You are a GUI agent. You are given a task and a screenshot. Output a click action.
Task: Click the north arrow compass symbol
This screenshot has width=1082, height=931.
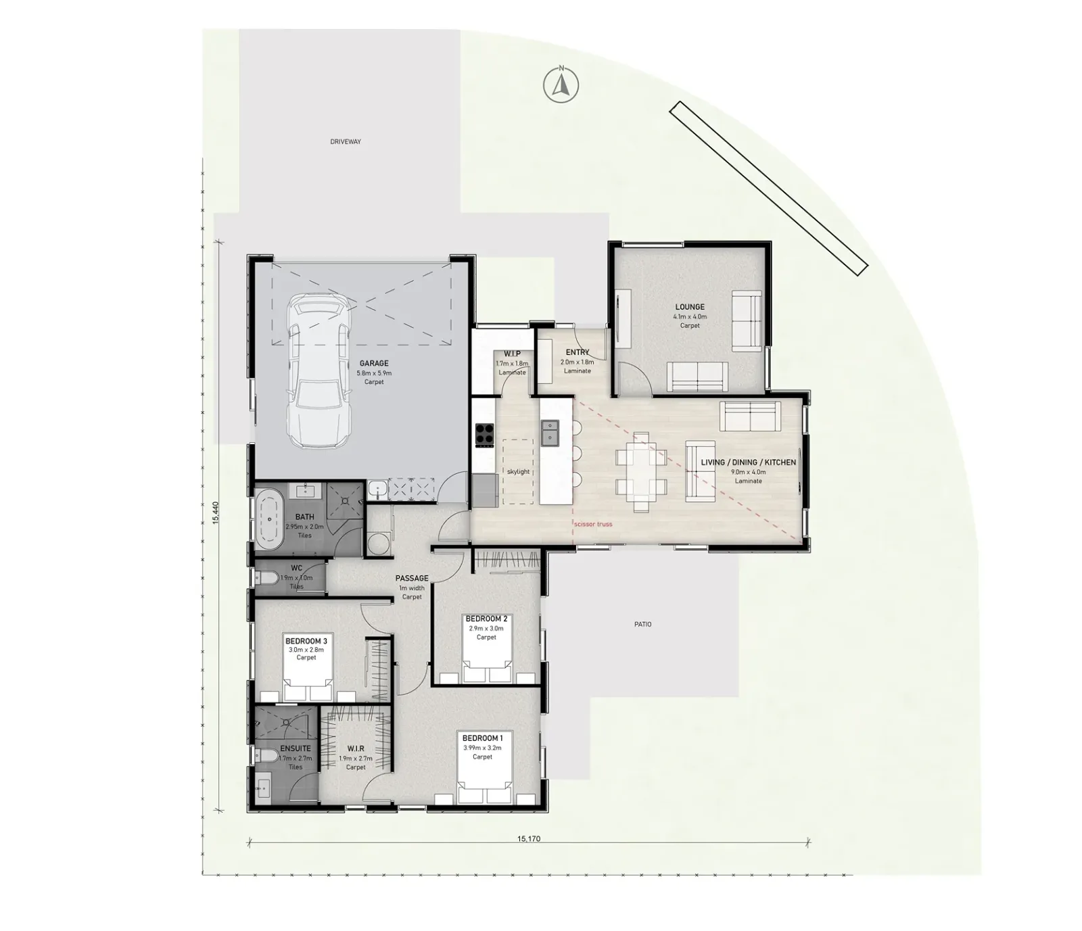click(x=561, y=85)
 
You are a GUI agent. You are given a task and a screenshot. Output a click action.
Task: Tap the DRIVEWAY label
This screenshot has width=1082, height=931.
click(x=346, y=142)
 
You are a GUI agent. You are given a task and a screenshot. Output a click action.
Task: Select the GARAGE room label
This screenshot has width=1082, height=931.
click(x=374, y=364)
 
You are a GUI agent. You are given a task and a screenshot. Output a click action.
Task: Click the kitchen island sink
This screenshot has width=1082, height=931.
click(x=550, y=433)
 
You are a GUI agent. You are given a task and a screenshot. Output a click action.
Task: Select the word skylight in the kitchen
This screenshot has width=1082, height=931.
click(x=518, y=472)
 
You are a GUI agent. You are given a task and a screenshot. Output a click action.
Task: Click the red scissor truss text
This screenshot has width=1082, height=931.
click(x=592, y=524)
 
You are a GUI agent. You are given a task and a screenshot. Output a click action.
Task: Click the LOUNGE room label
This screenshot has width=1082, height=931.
click(x=690, y=307)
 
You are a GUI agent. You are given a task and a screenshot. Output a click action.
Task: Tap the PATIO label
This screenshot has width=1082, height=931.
click(x=642, y=625)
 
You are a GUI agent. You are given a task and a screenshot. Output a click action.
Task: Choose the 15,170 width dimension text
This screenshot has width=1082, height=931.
click(x=529, y=839)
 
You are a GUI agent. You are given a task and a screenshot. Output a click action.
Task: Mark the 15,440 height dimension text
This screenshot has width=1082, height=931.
click(x=216, y=512)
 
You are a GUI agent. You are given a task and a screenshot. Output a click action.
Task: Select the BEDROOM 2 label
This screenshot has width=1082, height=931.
click(x=486, y=619)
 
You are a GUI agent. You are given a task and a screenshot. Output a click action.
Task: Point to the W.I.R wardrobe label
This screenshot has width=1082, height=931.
click(x=356, y=749)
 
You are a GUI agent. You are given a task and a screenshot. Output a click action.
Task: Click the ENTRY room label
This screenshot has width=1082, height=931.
click(x=578, y=353)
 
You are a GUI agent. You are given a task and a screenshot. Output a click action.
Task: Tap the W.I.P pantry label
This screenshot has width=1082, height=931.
click(x=512, y=354)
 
